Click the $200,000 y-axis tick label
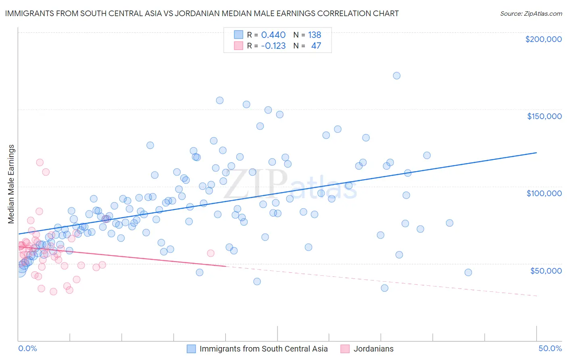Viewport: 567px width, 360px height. (x=543, y=39)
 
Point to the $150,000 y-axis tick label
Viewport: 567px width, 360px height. (x=544, y=116)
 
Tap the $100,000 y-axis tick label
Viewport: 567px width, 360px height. (x=544, y=193)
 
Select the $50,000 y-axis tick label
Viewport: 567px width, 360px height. (x=546, y=270)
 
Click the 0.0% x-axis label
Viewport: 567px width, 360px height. (x=27, y=348)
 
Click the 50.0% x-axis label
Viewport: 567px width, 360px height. (x=550, y=348)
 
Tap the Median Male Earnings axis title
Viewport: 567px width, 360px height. (x=11, y=184)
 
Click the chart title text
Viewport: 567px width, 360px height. (x=202, y=13)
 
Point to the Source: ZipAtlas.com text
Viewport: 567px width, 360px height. (x=531, y=13)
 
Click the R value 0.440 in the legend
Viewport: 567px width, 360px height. (x=273, y=35)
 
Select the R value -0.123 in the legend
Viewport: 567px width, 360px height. (x=273, y=46)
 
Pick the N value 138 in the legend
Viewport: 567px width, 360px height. (x=315, y=35)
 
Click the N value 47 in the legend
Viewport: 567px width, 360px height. (x=316, y=46)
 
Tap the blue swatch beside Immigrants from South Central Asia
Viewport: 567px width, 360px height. (x=191, y=349)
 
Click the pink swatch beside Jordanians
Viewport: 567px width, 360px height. (x=345, y=349)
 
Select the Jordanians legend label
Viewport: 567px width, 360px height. (x=373, y=349)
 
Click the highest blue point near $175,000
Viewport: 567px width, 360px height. (x=396, y=76)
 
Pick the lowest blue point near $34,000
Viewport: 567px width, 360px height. (x=384, y=288)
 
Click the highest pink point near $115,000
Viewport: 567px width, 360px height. (x=40, y=162)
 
